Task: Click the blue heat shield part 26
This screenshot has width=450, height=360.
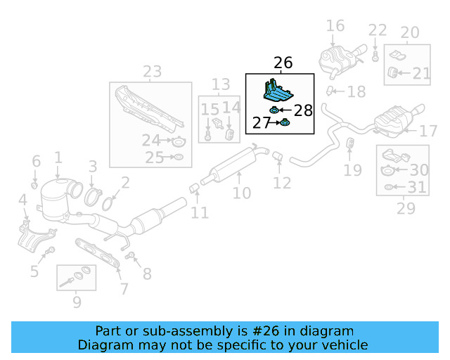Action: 280,91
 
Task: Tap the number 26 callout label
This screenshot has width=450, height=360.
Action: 283,63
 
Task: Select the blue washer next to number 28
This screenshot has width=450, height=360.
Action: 275,110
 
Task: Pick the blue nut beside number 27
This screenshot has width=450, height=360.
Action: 285,123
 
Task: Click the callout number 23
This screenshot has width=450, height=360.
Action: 152,71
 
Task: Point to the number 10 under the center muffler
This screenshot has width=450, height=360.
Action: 241,192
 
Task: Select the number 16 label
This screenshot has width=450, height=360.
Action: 335,26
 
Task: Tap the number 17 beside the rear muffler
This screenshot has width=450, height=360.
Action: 428,131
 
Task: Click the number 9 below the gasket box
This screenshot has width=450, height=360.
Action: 76,302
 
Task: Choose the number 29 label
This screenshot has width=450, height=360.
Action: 406,208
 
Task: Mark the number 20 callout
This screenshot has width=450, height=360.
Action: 409,32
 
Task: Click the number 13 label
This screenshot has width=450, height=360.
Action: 221,84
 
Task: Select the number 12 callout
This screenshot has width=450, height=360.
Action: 281,184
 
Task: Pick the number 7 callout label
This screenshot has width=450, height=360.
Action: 124,288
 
